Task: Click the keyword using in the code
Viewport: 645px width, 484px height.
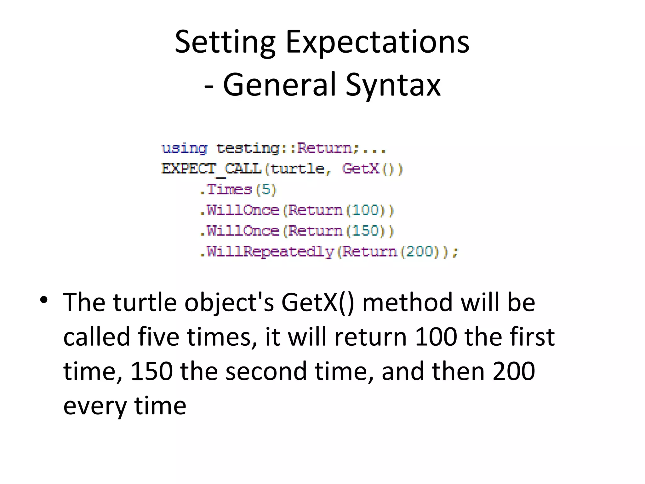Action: (184, 148)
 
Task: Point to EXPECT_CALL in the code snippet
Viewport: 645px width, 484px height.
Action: (211, 169)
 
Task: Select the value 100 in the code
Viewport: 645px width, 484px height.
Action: (365, 210)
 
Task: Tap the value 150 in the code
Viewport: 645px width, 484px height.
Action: (365, 231)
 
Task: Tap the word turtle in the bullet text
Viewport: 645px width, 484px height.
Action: (145, 302)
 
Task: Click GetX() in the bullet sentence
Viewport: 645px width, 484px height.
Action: (318, 302)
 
